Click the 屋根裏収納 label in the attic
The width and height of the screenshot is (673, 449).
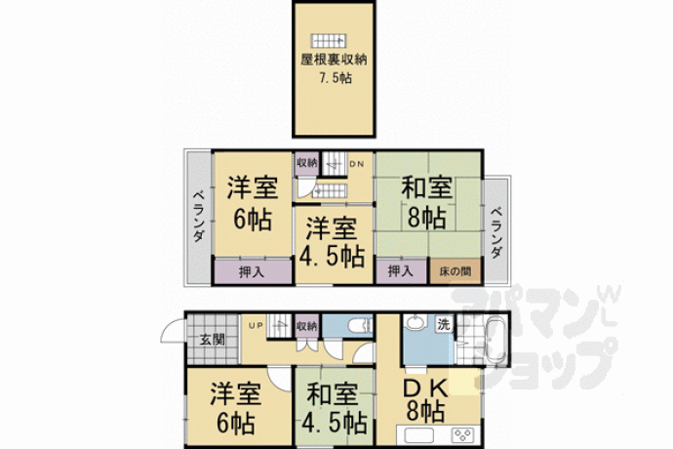[x=334, y=60]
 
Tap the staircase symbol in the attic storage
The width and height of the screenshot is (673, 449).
[x=329, y=40]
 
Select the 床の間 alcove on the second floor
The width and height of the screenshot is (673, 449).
[x=455, y=271]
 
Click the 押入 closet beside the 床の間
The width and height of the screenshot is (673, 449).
[x=401, y=271]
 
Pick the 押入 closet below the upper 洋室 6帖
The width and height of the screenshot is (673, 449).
[x=253, y=271]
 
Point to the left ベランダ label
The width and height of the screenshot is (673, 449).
[x=198, y=216]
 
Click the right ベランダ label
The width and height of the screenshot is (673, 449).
[x=495, y=233]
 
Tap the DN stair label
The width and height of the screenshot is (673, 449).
[x=356, y=164]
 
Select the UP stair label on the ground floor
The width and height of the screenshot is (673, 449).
[x=256, y=326]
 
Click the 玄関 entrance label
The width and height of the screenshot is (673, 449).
[x=213, y=340]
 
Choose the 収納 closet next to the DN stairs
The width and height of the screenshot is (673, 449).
[x=306, y=163]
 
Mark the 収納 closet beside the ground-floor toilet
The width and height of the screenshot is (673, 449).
[x=307, y=326]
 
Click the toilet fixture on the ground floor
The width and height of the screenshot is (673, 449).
[x=361, y=326]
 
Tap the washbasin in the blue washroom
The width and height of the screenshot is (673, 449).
[x=415, y=323]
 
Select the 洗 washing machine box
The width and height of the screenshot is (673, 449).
[x=444, y=324]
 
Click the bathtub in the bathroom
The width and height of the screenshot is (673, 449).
[x=495, y=341]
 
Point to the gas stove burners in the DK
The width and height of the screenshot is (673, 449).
[x=463, y=434]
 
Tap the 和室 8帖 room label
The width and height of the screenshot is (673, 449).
[x=426, y=202]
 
